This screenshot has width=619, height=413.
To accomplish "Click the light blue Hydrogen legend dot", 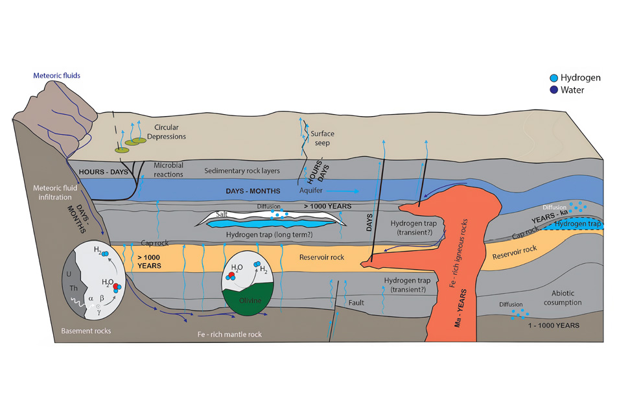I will coord(554,78).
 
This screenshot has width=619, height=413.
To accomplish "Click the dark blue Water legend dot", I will coord(554,90).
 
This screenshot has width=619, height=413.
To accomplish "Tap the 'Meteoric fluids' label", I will coord(57,76).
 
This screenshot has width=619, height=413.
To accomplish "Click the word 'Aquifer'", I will coord(311,191).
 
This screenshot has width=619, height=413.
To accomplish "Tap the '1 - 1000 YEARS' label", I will coord(553,325).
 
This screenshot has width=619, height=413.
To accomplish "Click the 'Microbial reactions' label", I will coord(169,170).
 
